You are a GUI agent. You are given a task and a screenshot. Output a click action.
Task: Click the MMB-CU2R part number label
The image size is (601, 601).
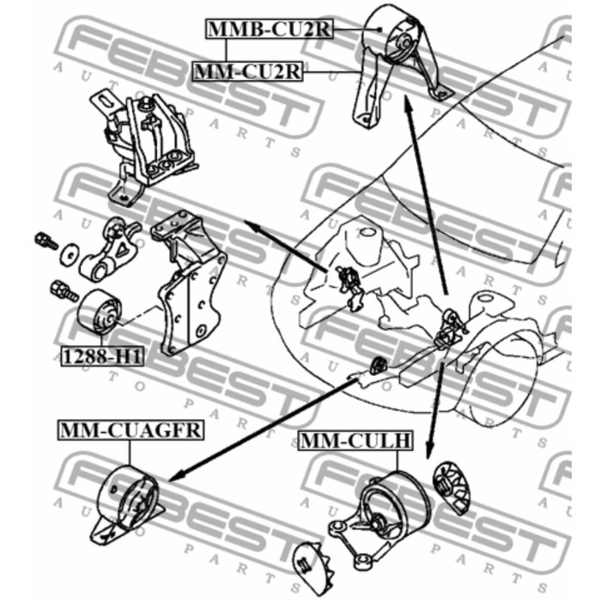click(267, 30)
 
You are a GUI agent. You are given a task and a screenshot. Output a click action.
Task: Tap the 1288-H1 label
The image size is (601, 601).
click(100, 355)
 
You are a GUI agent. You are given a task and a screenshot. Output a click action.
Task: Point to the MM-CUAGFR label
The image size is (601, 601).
click(131, 430)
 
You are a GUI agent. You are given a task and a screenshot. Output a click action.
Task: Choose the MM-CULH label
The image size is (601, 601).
click(355, 442)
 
